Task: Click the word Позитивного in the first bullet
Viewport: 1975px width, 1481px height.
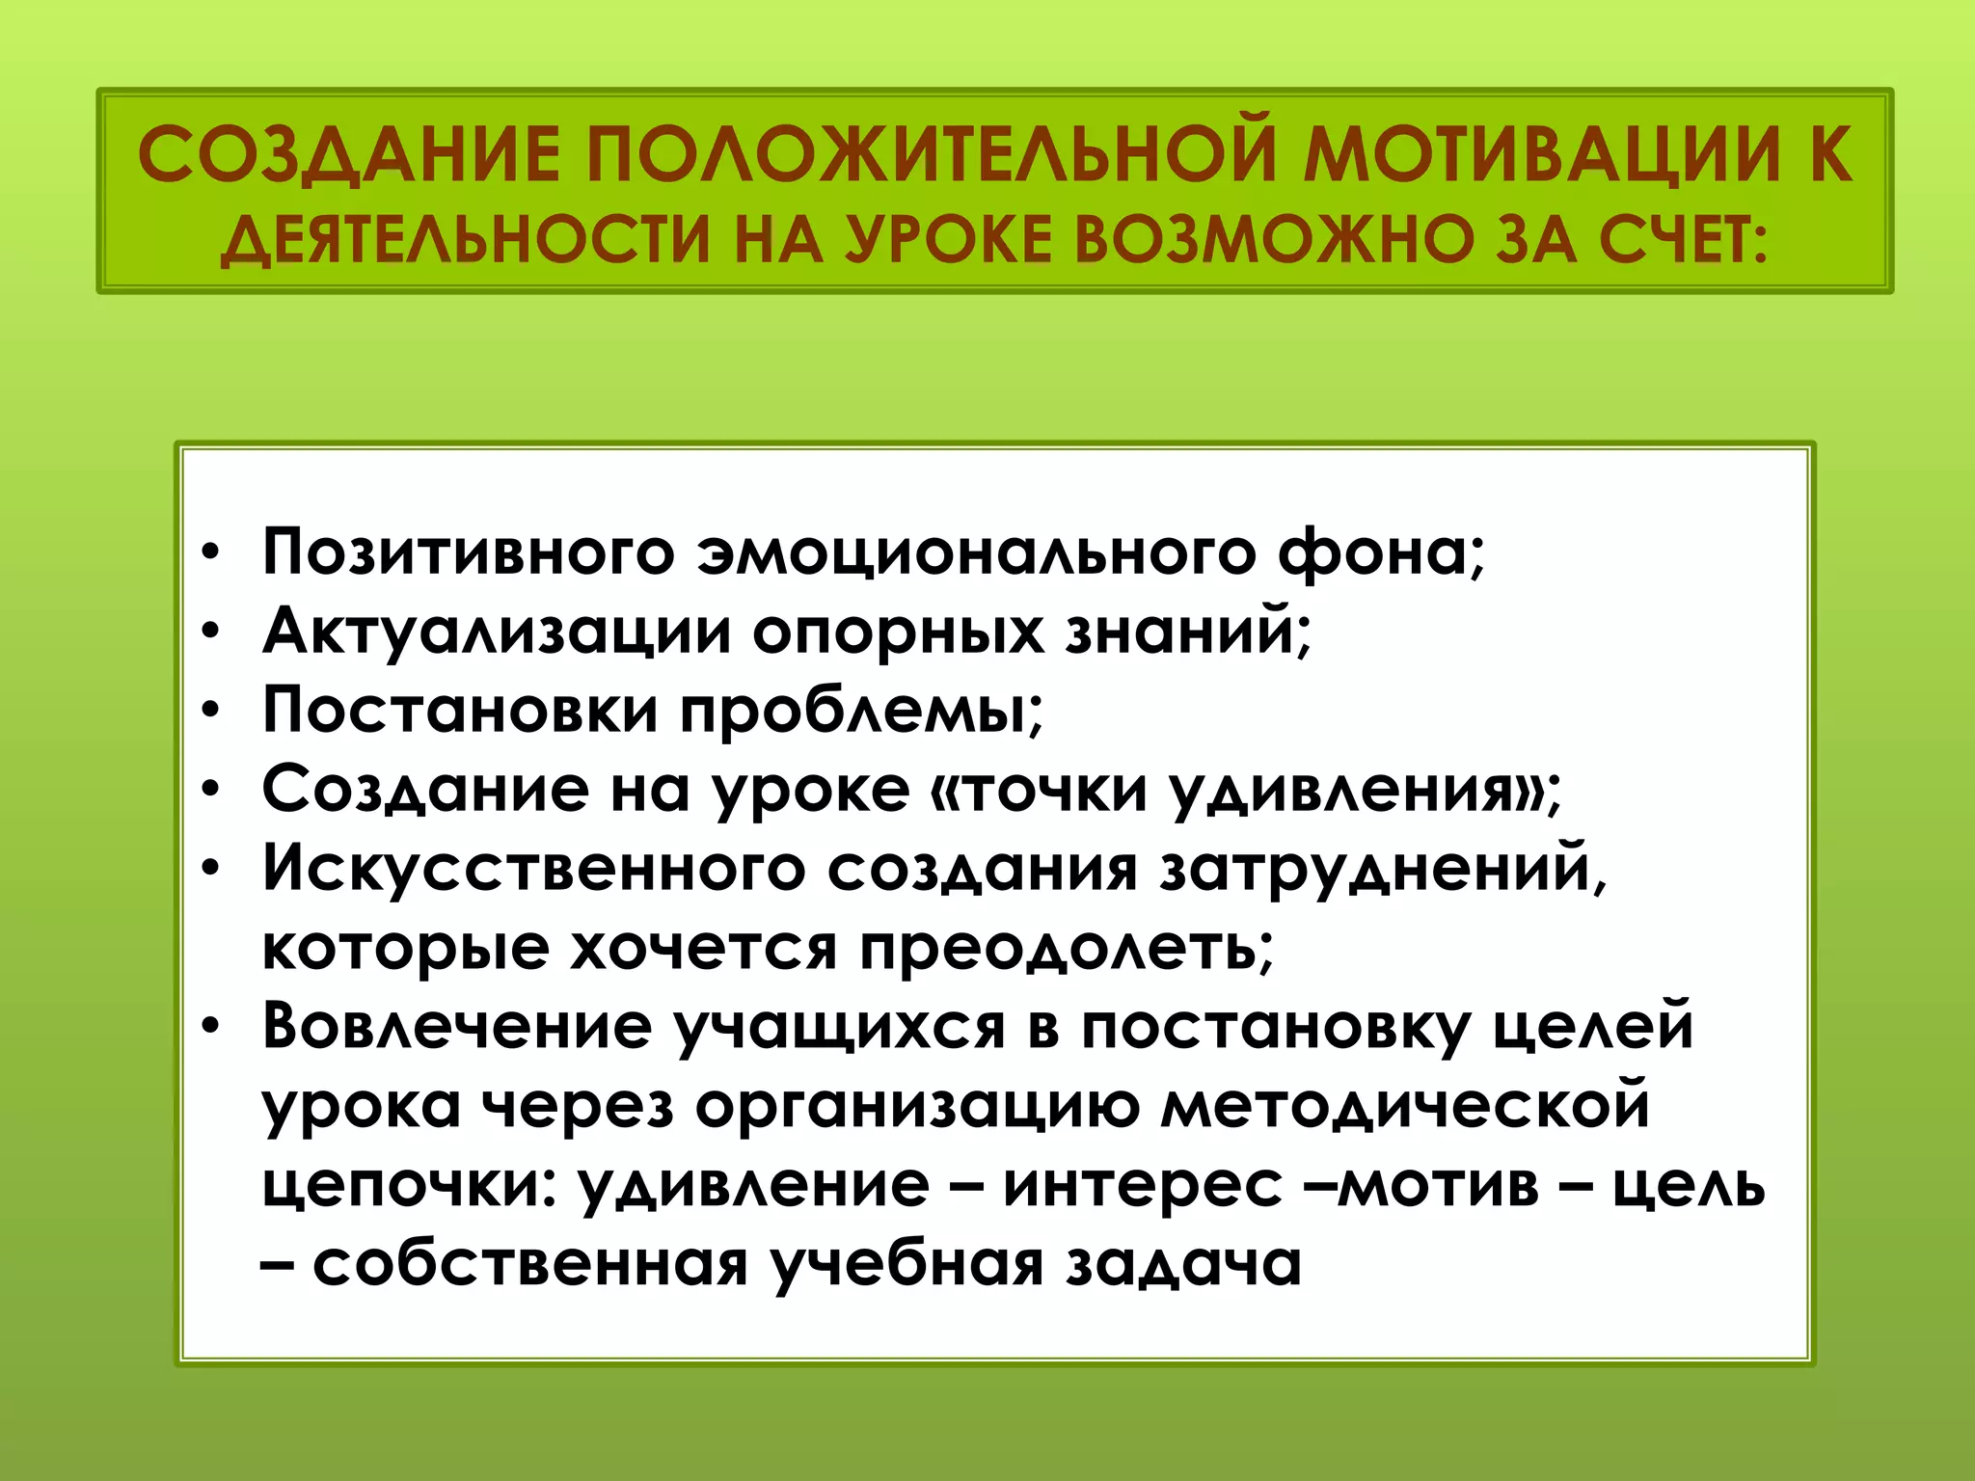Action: [x=468, y=553]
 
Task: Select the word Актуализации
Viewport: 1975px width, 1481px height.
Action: [x=497, y=633]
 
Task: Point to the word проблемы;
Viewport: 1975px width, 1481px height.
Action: [x=861, y=712]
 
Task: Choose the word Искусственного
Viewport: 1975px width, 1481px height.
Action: [x=533, y=869]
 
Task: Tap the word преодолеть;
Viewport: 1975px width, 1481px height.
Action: [x=1067, y=949]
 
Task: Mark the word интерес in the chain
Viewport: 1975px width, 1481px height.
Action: [x=1143, y=1185]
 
